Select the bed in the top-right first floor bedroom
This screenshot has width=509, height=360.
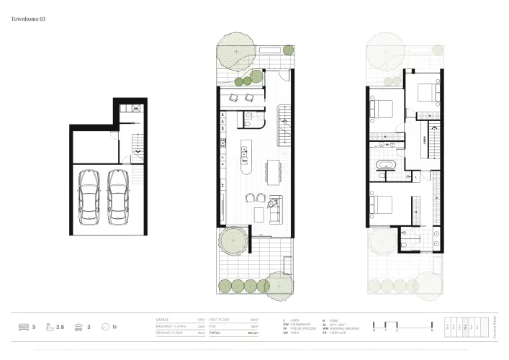(x=425, y=92)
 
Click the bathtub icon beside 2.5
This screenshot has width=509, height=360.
(x=49, y=328)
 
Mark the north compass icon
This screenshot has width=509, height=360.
(x=105, y=328)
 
